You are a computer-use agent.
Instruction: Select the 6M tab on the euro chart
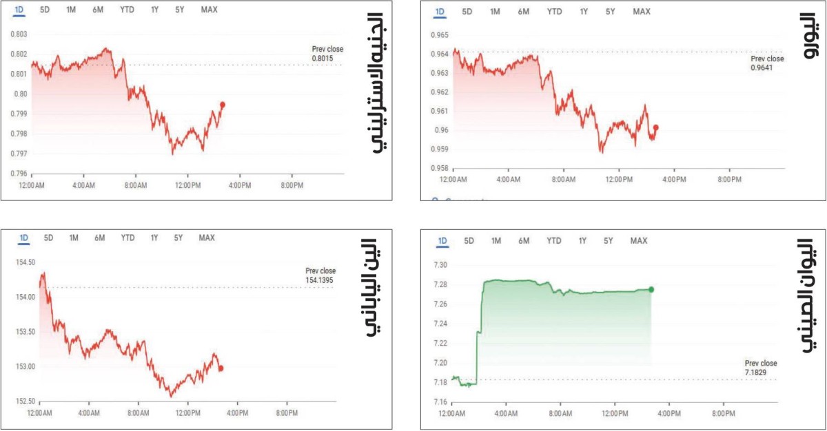[x=523, y=12]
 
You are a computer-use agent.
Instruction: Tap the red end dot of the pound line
[x=222, y=105]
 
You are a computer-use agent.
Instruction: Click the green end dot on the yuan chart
[x=651, y=289]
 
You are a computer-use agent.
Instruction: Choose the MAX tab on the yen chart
[x=207, y=238]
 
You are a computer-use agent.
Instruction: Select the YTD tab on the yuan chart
[x=553, y=241]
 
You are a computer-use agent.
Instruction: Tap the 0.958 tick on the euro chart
[x=439, y=168]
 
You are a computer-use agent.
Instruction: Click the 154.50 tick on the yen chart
[x=25, y=262]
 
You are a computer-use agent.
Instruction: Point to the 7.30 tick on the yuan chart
[x=440, y=265]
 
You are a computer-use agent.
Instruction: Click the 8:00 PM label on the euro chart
[x=729, y=180]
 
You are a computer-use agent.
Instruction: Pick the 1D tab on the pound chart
[x=23, y=10]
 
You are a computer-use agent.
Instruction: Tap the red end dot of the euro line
[x=655, y=127]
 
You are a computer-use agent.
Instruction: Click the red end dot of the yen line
[x=221, y=368]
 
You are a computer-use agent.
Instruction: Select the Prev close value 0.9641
[x=762, y=67]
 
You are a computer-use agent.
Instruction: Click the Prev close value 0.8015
[x=323, y=59]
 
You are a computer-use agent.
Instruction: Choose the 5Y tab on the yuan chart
[x=608, y=241]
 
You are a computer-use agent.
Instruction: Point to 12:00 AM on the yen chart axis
[x=39, y=413]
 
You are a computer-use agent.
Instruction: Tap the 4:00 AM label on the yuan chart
[x=506, y=414]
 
